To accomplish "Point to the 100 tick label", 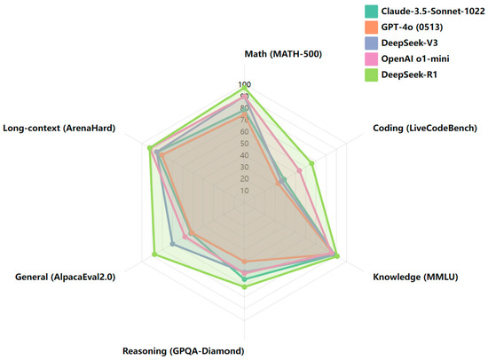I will point(243,85).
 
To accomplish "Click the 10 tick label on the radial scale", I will point(243,191).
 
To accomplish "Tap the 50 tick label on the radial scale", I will point(243,144).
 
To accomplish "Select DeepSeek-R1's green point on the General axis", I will point(155,255).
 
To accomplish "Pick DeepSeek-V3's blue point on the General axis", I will point(172,245).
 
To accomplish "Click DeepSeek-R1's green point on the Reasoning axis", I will point(244,286).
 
